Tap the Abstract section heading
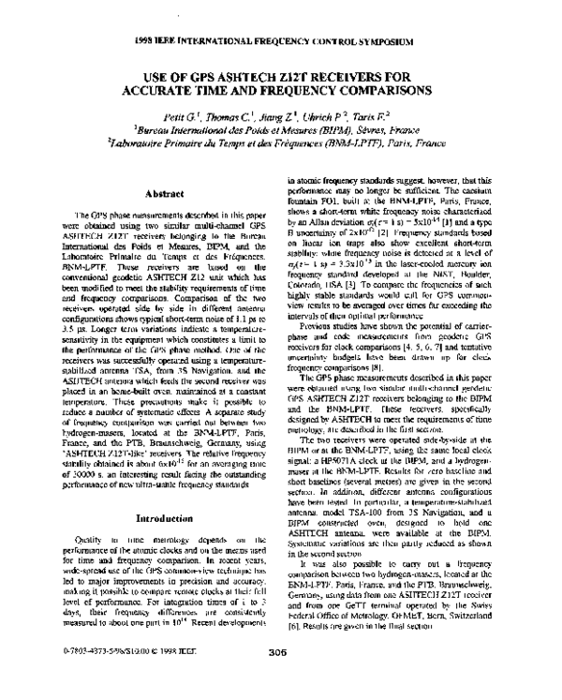pos(156,193)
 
